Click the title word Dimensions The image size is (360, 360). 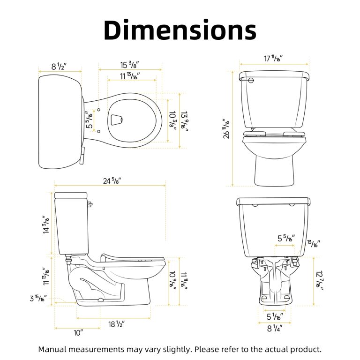180,30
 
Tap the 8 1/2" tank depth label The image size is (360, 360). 59,67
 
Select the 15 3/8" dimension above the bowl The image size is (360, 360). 129,65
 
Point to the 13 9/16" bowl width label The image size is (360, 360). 184,121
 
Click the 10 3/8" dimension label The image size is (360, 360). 172,121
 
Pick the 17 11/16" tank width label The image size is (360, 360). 273,58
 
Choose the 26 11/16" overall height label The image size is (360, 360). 226,128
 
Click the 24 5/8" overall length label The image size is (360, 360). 112,181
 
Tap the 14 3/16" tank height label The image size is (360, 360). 46,225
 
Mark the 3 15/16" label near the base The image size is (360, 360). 38,298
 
